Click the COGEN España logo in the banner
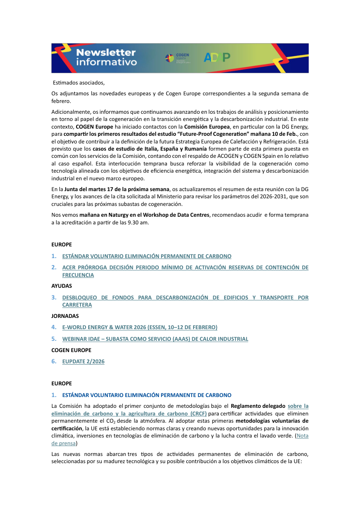pyautogui.click(x=178, y=58)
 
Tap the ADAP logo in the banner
pyautogui.click(x=217, y=57)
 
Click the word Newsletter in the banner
pyautogui.click(x=106, y=53)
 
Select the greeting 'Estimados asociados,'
pyautogui.click(x=79, y=83)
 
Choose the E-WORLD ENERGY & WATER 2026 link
pyautogui.click(x=139, y=327)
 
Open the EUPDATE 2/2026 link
pyautogui.click(x=83, y=362)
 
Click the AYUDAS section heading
pyautogui.click(x=62, y=286)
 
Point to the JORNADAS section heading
pyautogui.click(x=65, y=316)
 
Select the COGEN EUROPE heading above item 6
pyautogui.click(x=71, y=350)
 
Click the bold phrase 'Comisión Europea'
pyautogui.click(x=205, y=126)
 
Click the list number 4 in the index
pyautogui.click(x=54, y=327)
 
